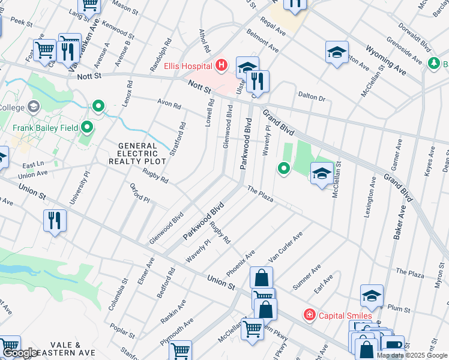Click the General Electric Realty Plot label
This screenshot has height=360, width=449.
tap(137, 154)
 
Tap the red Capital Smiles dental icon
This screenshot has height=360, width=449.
tap(309, 314)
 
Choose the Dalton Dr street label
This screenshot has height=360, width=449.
tap(312, 96)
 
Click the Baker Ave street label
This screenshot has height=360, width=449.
tap(397, 222)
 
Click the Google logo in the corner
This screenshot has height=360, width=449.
tap(20, 353)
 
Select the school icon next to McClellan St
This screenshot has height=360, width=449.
tap(322, 174)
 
